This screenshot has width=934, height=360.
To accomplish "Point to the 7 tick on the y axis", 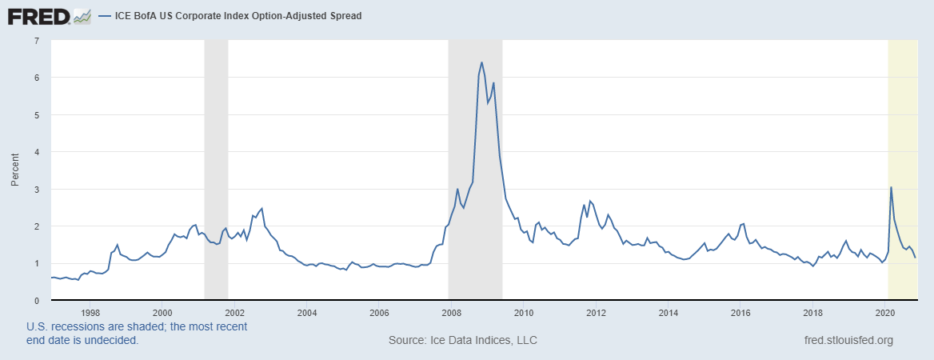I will click(x=37, y=41).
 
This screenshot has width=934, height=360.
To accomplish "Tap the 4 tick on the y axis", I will click(x=37, y=152).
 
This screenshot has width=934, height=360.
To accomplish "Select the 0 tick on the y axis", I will click(x=37, y=300).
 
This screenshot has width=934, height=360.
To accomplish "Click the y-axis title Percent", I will click(x=14, y=170).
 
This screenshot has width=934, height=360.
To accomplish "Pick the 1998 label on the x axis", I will click(x=90, y=313).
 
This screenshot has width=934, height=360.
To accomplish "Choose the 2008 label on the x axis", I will click(x=451, y=313).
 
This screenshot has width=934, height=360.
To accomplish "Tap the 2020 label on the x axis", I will click(x=886, y=313).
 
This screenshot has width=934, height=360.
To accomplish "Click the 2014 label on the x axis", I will click(x=669, y=313).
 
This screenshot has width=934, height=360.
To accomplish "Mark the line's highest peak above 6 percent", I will click(x=481, y=62).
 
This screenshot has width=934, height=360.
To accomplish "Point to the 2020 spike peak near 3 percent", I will click(x=892, y=187).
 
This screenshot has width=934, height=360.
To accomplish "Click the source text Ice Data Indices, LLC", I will click(x=462, y=340).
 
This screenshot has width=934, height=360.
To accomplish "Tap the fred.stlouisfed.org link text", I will click(x=848, y=340).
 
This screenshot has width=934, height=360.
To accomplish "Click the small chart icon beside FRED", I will click(x=82, y=15).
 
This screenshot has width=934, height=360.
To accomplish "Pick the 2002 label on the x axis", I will click(x=234, y=313).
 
